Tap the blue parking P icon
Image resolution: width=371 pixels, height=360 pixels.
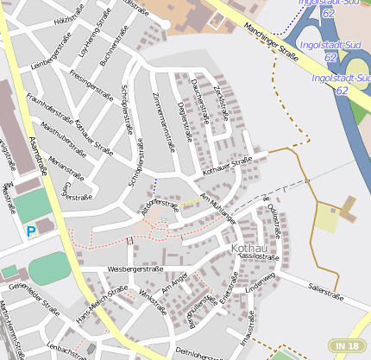click(x=31, y=231)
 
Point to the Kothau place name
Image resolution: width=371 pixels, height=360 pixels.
click(x=250, y=249)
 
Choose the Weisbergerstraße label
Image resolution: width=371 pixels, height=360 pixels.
click(x=135, y=268)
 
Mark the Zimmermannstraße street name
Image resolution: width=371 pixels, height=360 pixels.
click(x=161, y=121)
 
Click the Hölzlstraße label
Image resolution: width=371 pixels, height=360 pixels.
click(x=69, y=13)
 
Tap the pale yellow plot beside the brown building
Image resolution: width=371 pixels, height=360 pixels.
click(x=326, y=220)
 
